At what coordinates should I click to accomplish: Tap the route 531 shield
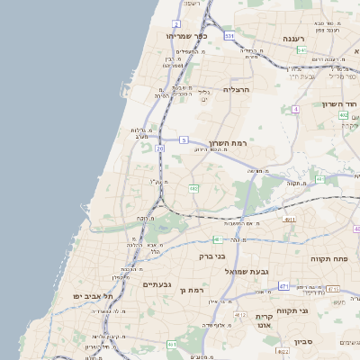tap(229, 36)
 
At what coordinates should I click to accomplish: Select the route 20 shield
tap(160, 148)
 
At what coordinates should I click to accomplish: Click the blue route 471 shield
tap(284, 285)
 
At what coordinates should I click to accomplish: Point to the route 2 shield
tap(176, 23)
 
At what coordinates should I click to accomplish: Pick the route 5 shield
tap(184, 139)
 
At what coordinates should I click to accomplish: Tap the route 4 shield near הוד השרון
tap(295, 109)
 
